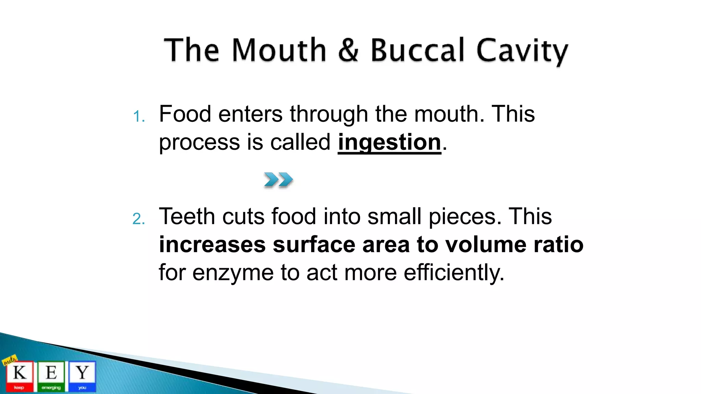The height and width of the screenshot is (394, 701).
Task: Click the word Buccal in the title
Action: point(417,50)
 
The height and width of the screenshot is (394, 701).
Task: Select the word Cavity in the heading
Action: point(522,51)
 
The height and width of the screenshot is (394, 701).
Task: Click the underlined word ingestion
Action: point(389,142)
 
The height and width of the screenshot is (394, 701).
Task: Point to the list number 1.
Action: point(138,117)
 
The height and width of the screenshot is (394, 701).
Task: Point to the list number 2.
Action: point(138,219)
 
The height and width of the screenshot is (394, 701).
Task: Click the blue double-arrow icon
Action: point(278,180)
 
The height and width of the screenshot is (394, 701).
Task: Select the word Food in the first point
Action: point(185,114)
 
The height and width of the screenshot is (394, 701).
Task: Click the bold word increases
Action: point(212,245)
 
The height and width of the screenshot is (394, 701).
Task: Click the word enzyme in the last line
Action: point(233,273)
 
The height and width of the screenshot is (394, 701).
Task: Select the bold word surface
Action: point(314,245)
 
